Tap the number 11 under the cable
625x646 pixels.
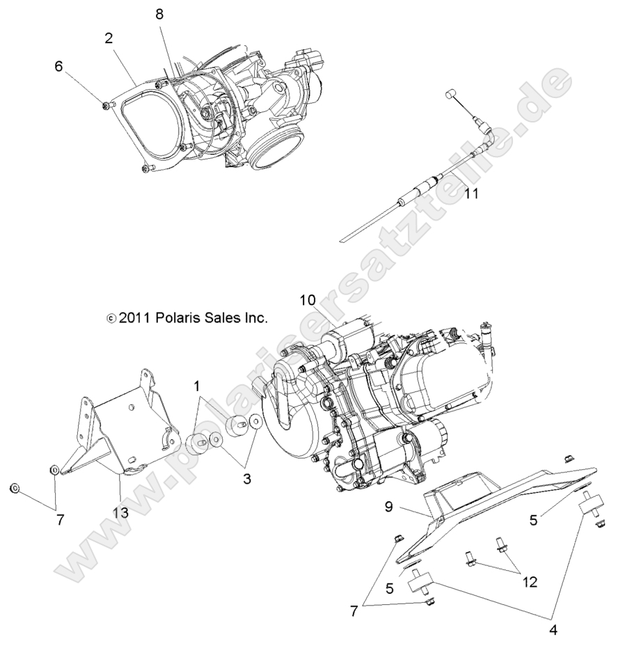coord(472,194)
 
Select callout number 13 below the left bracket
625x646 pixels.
coord(120,513)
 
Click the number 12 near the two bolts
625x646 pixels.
coord(530,582)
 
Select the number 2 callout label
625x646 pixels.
coord(109,38)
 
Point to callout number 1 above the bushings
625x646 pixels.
coord(197,385)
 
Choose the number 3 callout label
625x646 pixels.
coord(248,478)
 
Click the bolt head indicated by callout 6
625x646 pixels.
coord(106,104)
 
